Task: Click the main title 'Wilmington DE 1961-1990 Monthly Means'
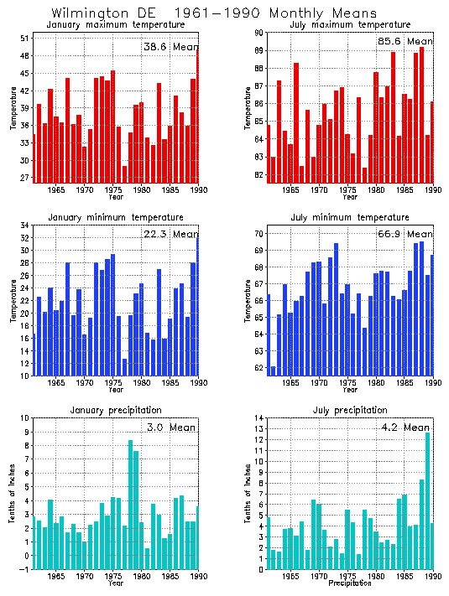point(214,13)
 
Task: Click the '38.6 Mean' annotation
point(170,48)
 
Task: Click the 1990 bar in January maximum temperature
point(198,113)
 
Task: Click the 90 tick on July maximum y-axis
point(258,32)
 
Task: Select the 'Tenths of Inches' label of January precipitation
point(12,495)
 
